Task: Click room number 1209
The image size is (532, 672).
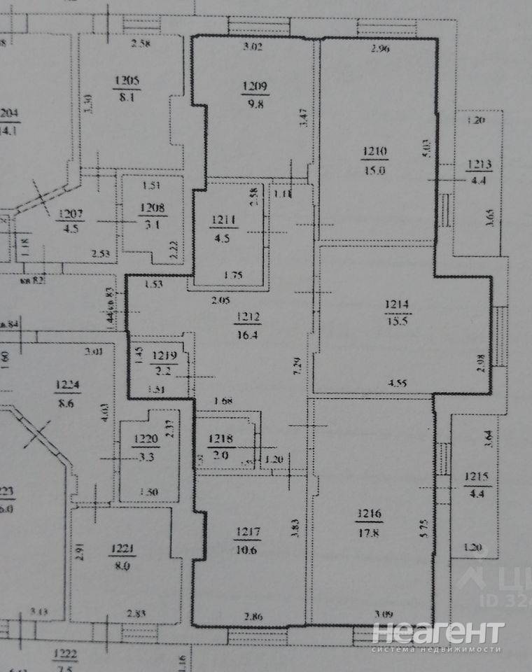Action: (254, 87)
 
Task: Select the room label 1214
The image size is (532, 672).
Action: (397, 304)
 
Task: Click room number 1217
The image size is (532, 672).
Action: (249, 532)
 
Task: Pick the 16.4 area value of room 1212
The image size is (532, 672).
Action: (248, 335)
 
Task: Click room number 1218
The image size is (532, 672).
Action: (220, 440)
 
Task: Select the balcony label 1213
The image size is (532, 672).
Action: (479, 166)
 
